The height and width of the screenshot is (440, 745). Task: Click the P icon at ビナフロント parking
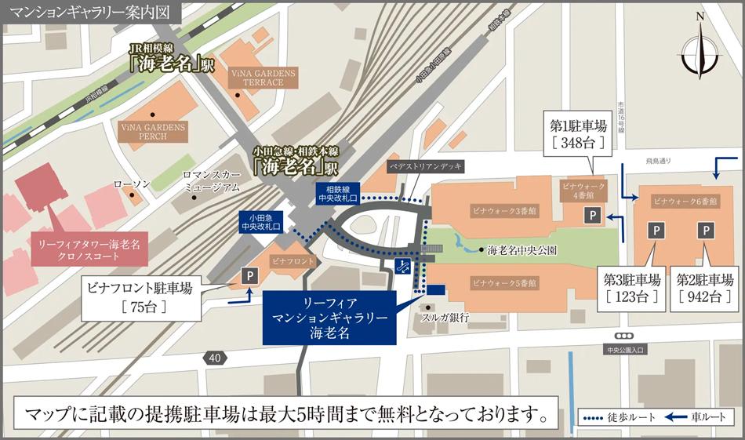(249, 275)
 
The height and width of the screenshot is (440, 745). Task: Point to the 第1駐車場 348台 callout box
(579, 134)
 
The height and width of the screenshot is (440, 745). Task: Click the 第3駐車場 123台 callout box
(631, 288)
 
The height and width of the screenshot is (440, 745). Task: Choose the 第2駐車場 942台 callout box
(704, 288)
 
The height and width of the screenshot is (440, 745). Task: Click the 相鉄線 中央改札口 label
(338, 193)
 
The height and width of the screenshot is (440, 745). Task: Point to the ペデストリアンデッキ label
(426, 166)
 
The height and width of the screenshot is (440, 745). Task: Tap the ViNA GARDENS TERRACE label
(263, 78)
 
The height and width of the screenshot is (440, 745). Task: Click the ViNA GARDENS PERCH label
(153, 131)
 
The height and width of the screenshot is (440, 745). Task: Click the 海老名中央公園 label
(521, 251)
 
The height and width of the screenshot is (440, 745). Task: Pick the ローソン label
(131, 184)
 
